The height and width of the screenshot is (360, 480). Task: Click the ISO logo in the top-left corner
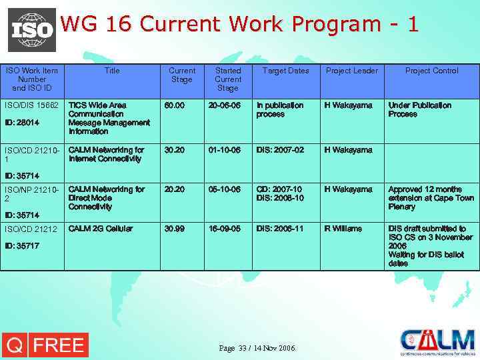31,29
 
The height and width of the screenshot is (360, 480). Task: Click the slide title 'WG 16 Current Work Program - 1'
239,24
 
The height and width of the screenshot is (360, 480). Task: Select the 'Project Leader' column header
351,71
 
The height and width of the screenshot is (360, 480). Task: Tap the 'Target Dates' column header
285,71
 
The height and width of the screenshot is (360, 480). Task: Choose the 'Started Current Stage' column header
227,79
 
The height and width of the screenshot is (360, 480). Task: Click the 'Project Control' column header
432,71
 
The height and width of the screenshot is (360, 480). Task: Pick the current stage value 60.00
175,105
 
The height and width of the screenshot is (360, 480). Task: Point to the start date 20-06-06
224,105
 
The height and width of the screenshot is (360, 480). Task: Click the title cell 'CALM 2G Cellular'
100,229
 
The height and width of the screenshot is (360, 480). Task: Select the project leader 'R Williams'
343,229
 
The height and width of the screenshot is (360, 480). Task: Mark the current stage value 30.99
175,229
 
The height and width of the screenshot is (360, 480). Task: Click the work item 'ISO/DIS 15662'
32,105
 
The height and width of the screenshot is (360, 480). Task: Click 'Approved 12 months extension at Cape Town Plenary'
431,198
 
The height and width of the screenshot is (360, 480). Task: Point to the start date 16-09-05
224,229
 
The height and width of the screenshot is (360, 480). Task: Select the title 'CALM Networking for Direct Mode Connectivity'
106,198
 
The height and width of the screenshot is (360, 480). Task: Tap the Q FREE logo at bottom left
45,345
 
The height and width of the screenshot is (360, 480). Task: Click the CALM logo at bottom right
437,342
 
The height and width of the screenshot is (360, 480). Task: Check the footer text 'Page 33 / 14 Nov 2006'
257,348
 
